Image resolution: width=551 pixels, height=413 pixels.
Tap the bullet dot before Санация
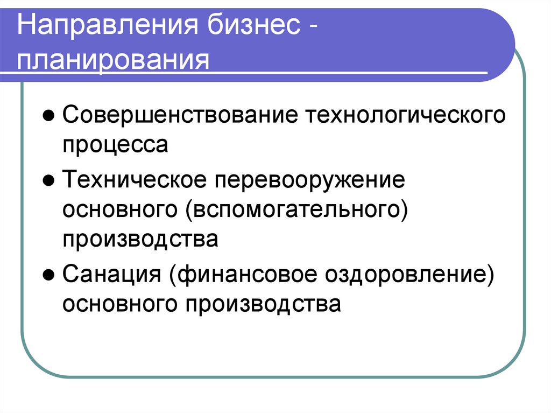point(48,275)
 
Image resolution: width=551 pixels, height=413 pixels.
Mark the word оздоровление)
point(408,275)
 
